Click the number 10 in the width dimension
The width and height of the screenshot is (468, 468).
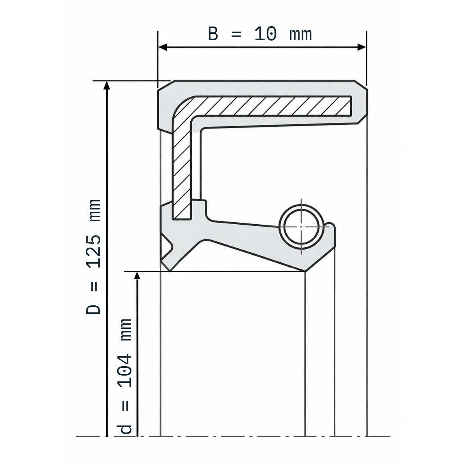point(266,34)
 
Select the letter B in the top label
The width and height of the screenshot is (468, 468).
point(213,34)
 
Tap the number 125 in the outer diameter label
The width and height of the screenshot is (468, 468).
point(94,251)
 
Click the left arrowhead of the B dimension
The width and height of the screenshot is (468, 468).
point(162,47)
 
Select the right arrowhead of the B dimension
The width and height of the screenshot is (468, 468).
point(362,47)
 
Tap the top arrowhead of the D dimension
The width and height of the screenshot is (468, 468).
point(107,85)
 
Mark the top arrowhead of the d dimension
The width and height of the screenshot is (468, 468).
point(137,275)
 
